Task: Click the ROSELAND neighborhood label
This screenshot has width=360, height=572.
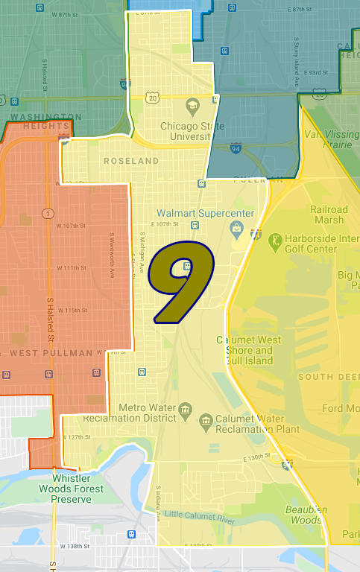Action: tap(131, 161)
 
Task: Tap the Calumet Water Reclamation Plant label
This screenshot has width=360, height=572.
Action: tap(258, 423)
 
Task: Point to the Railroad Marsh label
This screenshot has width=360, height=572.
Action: tap(329, 214)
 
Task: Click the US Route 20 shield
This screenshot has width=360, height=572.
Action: tap(153, 98)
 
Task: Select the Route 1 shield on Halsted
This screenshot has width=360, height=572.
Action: tap(47, 214)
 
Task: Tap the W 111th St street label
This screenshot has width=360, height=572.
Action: tap(73, 268)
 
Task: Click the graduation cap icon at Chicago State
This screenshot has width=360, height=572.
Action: tap(192, 104)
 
